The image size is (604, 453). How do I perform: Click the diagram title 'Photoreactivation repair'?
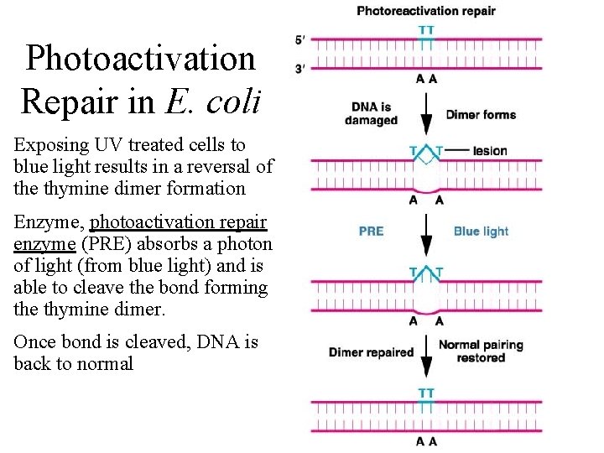(x=426, y=12)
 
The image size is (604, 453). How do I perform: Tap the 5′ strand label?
(x=299, y=40)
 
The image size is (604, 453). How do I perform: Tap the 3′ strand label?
(x=299, y=67)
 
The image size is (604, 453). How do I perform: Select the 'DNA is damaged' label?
(x=371, y=114)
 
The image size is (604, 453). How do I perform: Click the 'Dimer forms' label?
(x=481, y=115)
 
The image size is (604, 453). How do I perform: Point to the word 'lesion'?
(x=490, y=151)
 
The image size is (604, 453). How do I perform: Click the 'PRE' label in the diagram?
(x=371, y=232)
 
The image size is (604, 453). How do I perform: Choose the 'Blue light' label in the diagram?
(x=481, y=232)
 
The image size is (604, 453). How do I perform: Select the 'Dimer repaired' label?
(x=371, y=352)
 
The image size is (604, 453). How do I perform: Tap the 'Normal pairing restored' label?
(x=481, y=351)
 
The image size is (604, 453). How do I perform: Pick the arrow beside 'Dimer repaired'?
(x=426, y=355)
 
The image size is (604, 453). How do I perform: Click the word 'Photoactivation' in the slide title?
(x=140, y=59)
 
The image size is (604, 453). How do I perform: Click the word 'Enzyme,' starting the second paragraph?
(x=48, y=222)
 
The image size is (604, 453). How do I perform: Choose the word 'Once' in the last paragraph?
(x=34, y=342)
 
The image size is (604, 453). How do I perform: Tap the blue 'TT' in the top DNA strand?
(x=426, y=30)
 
